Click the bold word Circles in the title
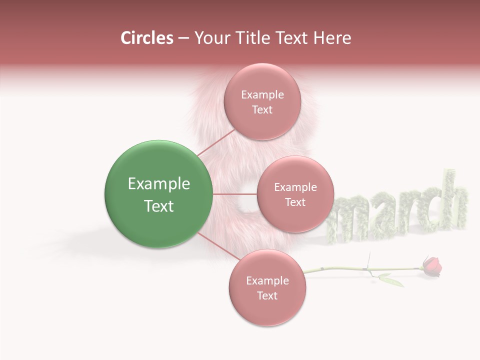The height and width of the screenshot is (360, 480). pos(146,38)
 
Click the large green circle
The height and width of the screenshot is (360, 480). pos(158,194)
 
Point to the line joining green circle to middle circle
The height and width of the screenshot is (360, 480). pos(234,194)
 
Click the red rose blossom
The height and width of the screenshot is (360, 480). pos(432,266)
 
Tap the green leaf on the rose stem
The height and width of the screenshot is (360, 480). pos(391,279)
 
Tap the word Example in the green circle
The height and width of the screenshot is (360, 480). pos(158,184)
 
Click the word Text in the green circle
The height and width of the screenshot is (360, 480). pos(158,206)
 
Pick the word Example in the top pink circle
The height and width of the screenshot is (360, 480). pos(262,95)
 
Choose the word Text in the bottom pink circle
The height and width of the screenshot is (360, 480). pos(267,295)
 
